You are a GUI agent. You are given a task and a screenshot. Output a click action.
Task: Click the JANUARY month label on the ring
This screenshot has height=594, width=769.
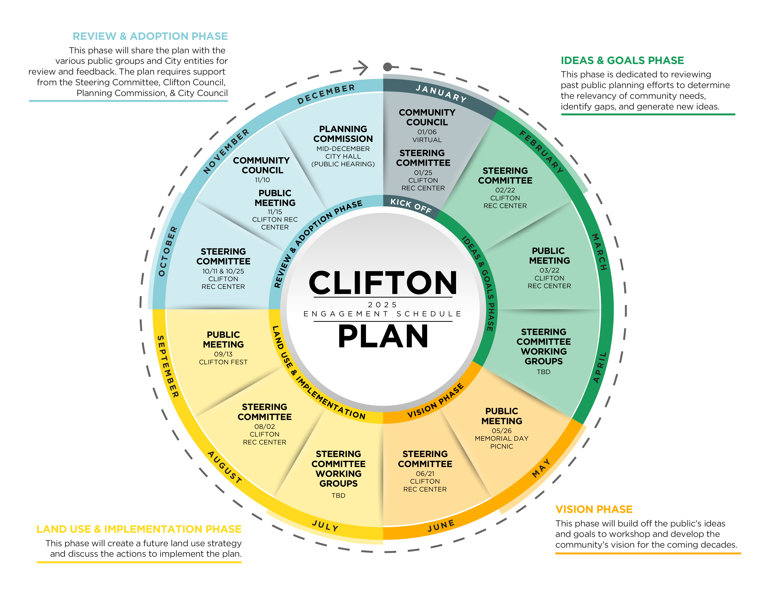click(441, 93)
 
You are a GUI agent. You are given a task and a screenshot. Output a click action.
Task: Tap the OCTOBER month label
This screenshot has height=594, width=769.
click(168, 251)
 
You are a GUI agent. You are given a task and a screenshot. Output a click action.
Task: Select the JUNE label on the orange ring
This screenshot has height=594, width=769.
click(441, 526)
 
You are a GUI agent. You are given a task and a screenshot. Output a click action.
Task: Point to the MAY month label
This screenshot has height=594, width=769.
click(541, 468)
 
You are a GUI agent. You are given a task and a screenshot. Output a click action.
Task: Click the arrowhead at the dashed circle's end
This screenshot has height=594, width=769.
click(362, 68)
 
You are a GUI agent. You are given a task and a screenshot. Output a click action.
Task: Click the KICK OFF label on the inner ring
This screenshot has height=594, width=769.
click(411, 206)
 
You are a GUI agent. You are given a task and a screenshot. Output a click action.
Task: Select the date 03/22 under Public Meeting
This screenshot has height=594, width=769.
click(549, 270)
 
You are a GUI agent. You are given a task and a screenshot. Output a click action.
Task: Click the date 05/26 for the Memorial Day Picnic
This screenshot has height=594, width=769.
click(501, 431)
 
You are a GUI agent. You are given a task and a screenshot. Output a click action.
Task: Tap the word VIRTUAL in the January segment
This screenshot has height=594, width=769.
click(427, 140)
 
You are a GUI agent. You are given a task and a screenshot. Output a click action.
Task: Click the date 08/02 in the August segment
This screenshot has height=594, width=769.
click(264, 427)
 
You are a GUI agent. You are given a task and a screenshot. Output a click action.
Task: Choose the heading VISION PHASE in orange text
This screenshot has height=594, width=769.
click(594, 509)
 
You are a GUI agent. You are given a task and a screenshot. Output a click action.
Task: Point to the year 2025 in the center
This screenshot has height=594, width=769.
click(382, 305)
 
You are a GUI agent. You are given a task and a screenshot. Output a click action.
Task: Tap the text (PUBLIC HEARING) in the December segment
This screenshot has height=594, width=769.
click(343, 164)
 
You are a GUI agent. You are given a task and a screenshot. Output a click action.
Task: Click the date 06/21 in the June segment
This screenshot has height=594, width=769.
click(425, 474)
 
